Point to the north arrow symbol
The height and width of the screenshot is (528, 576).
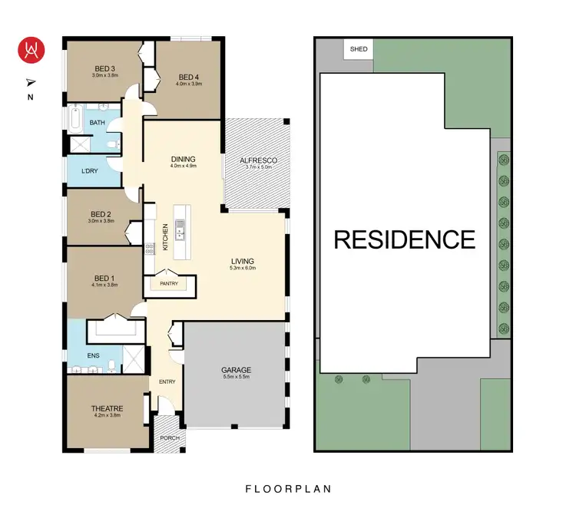(31, 81)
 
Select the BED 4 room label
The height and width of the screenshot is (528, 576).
(189, 77)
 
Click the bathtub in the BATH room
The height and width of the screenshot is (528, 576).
(74, 120)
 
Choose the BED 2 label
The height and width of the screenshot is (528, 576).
(101, 214)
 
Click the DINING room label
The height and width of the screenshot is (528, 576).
(183, 159)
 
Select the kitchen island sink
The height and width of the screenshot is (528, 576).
(180, 227)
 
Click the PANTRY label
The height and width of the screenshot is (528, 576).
(169, 284)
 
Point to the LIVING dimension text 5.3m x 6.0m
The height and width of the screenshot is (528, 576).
(242, 269)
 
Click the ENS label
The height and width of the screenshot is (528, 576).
(94, 355)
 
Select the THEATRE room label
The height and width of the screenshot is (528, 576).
(108, 408)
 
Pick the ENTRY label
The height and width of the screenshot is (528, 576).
(167, 381)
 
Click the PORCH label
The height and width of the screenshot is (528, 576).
(169, 438)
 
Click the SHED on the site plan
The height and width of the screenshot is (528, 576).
(359, 49)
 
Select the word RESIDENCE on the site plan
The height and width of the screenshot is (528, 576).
(404, 239)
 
